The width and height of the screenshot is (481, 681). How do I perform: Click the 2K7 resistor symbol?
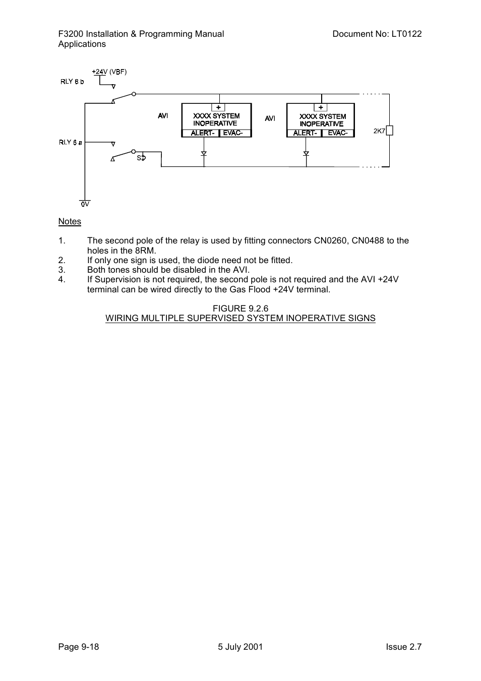389,131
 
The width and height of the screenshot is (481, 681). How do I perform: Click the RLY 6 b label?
72,82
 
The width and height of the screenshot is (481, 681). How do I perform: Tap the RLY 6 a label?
71,142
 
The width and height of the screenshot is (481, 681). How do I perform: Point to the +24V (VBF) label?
109,72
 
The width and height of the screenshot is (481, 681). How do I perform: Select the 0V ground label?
85,204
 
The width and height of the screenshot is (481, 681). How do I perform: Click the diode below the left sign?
204,154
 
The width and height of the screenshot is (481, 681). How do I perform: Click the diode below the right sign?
306,154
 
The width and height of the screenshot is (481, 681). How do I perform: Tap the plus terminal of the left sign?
218,107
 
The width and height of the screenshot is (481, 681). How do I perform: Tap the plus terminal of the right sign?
321,107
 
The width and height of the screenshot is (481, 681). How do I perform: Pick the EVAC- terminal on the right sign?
338,133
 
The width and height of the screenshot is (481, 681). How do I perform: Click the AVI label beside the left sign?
163,116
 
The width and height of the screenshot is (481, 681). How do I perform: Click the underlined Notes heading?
70,221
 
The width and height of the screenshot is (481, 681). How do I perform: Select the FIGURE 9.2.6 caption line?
240,308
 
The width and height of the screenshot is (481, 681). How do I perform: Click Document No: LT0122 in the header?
377,34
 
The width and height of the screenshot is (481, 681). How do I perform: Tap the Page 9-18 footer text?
79,647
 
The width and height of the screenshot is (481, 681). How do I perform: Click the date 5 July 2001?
240,647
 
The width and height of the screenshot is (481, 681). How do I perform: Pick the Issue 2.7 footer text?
404,647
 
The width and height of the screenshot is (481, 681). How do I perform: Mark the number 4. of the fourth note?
62,279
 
